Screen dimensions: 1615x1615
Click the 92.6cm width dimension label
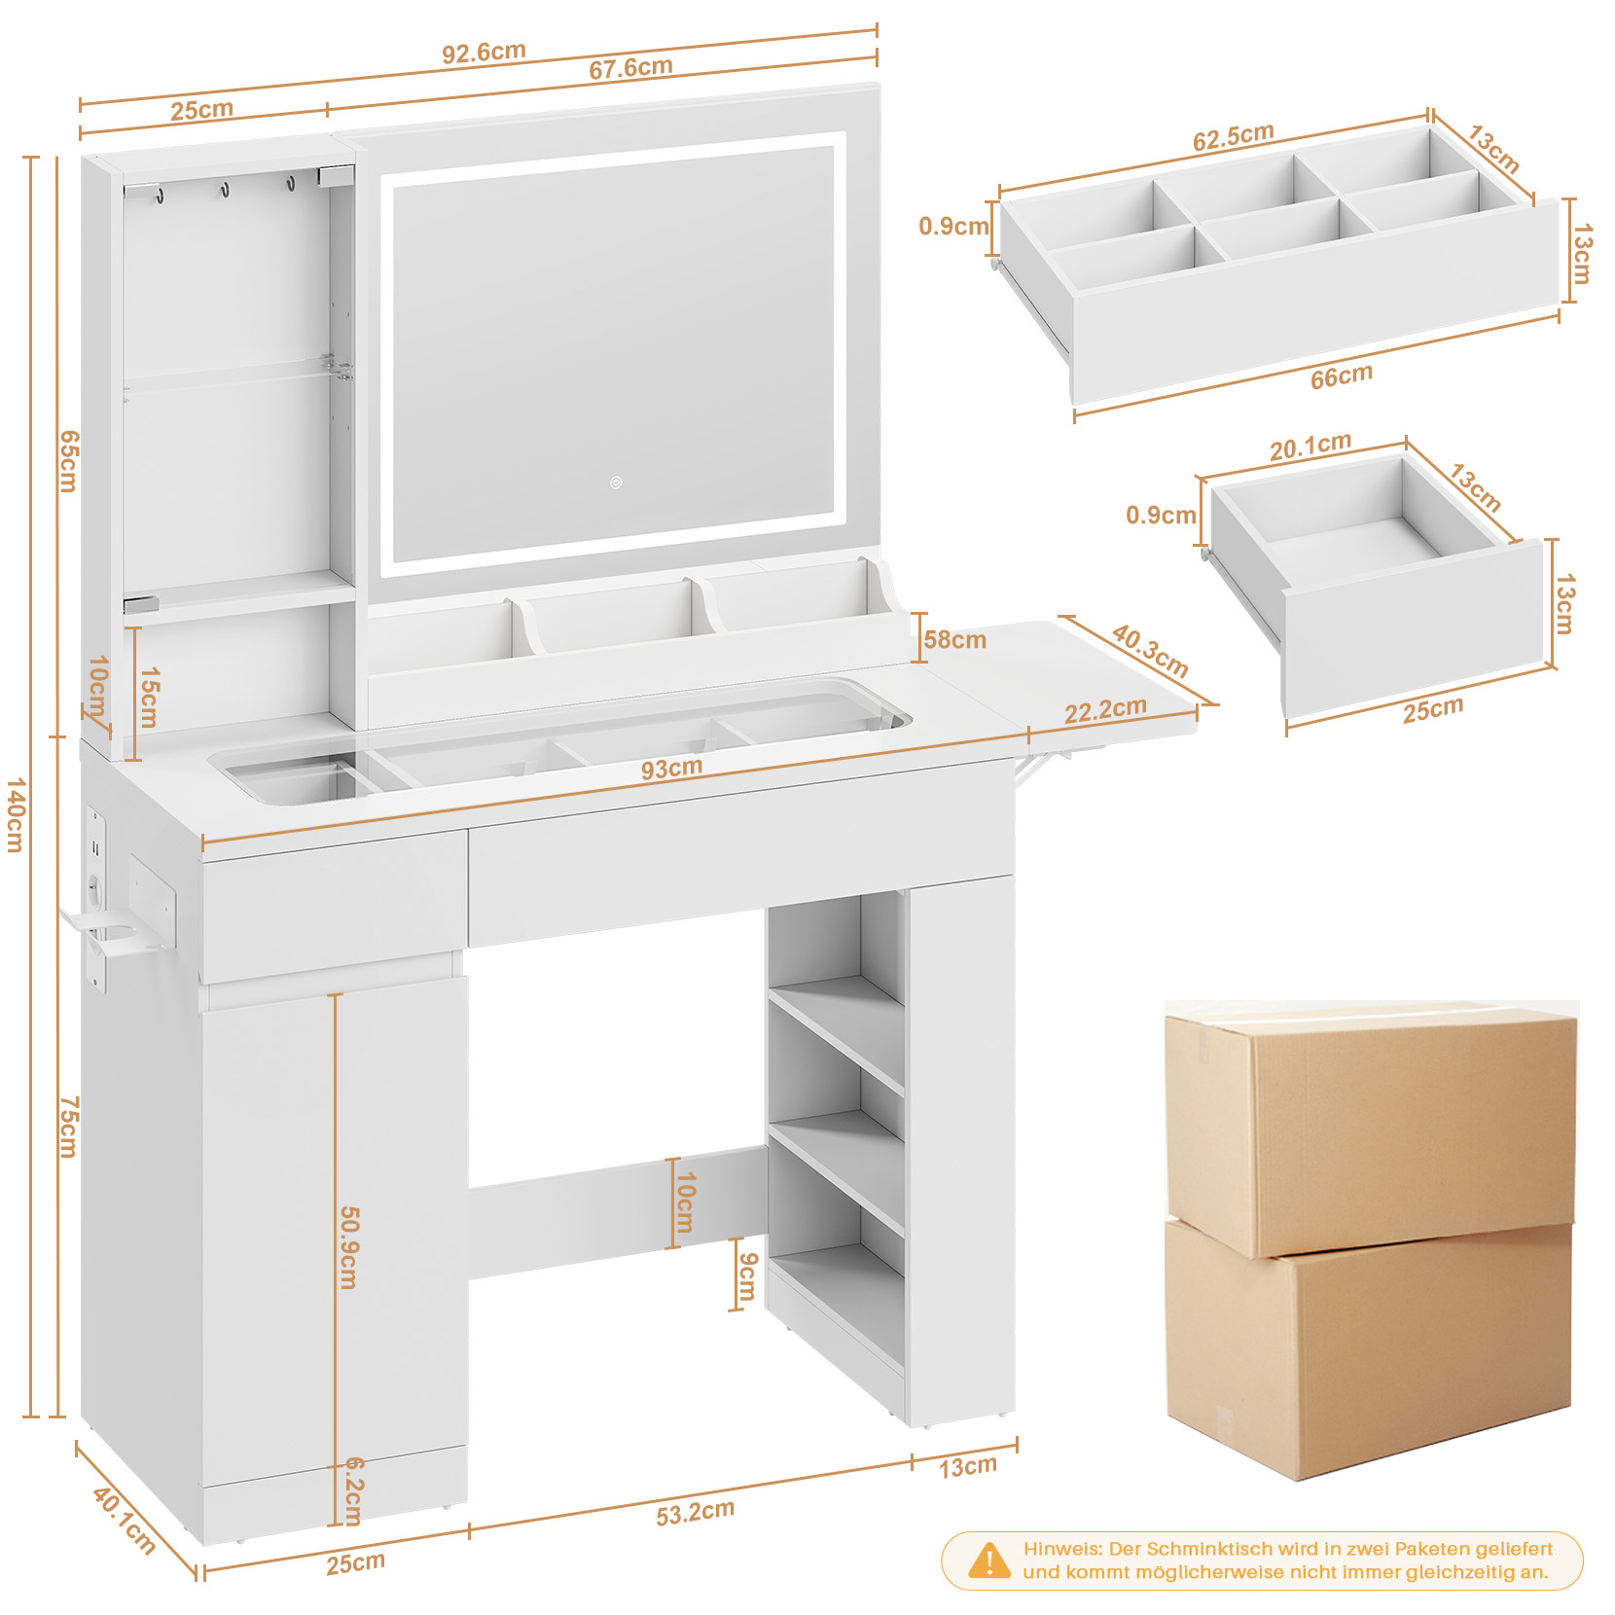[x=484, y=52]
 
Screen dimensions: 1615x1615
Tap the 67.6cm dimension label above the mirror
[x=630, y=68]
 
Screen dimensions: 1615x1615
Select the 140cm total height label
[x=15, y=814]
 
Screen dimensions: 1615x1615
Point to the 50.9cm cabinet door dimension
[x=349, y=1247]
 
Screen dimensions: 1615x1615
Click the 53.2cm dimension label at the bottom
[x=695, y=1513]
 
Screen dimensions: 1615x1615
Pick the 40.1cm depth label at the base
[x=124, y=1520]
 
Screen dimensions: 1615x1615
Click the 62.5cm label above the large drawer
[x=1233, y=137]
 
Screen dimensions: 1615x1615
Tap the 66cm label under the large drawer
[x=1341, y=377]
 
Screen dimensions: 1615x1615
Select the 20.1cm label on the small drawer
[x=1310, y=447]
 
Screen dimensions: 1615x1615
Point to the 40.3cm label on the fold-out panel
[x=1150, y=651]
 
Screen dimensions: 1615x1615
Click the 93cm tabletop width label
[x=671, y=769]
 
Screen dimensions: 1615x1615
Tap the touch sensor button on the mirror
[x=616, y=483]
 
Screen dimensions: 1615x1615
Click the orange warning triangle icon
[x=989, y=1561]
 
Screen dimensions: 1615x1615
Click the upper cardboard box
[x=1371, y=1128]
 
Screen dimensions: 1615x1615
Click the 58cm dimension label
[x=954, y=640]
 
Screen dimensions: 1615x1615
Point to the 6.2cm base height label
[x=354, y=1491]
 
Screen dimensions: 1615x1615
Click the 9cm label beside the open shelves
[x=747, y=1275]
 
